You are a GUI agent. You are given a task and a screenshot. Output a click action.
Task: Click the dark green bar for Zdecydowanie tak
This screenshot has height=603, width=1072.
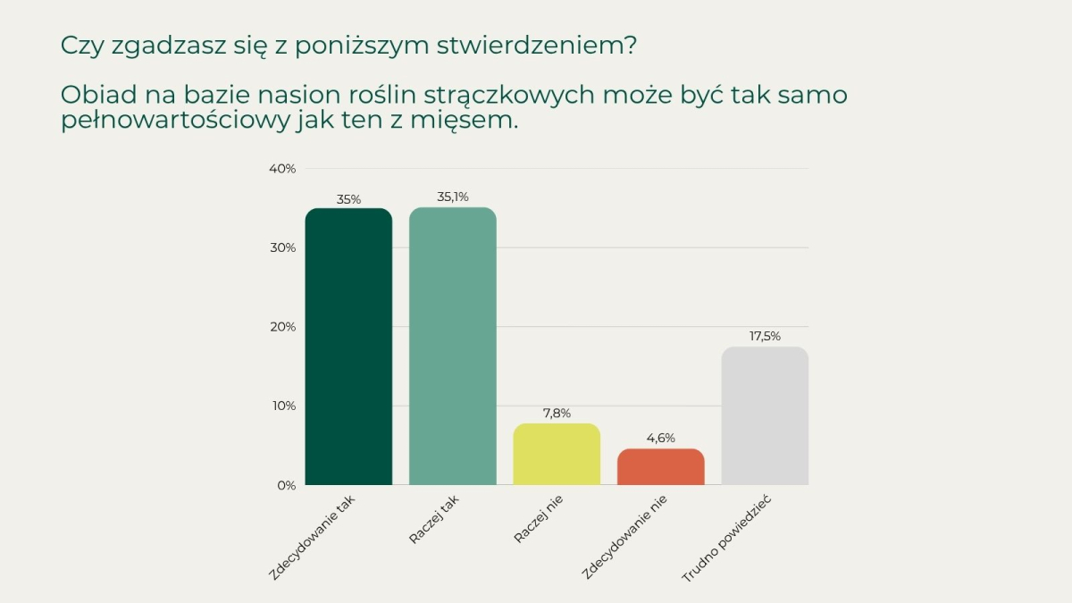pos(348,347)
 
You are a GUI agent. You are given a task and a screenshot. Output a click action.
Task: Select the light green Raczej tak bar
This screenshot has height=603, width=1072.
pos(453,346)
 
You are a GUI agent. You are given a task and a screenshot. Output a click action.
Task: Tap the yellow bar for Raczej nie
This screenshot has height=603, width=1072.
pos(557,454)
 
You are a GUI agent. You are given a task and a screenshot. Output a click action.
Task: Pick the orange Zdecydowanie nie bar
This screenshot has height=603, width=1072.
pos(661,466)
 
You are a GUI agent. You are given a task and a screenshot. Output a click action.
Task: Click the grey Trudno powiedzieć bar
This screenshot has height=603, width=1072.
pos(765,416)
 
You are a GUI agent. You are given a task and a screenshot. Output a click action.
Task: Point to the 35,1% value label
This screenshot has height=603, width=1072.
pos(453,197)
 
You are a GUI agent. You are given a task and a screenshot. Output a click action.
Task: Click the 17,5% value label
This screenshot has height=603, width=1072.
pos(765,337)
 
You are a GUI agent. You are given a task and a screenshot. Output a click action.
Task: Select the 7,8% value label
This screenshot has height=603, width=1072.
pos(557,413)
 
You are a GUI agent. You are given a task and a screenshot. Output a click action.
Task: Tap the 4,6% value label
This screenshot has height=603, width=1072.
pos(661,438)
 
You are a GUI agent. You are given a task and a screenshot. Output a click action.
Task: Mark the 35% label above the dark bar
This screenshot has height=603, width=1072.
pos(348,199)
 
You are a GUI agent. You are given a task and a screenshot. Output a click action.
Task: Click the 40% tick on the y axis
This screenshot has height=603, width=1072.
pos(282,169)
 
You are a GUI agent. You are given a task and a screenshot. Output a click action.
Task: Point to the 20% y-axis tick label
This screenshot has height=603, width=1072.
pos(283,327)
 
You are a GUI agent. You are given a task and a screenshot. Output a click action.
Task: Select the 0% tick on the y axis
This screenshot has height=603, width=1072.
pos(286,485)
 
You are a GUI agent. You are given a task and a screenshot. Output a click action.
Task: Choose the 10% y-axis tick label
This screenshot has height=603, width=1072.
pos(284,406)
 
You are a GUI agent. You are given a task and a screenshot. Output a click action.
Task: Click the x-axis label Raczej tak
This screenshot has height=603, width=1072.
pos(434,519)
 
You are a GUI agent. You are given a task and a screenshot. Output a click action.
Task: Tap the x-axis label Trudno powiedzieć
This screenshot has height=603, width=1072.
pos(726,539)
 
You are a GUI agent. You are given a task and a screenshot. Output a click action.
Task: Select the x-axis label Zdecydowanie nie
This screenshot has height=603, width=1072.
pos(624,537)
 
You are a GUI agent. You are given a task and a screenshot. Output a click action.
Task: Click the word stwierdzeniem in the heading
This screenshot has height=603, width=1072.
pos(537,46)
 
